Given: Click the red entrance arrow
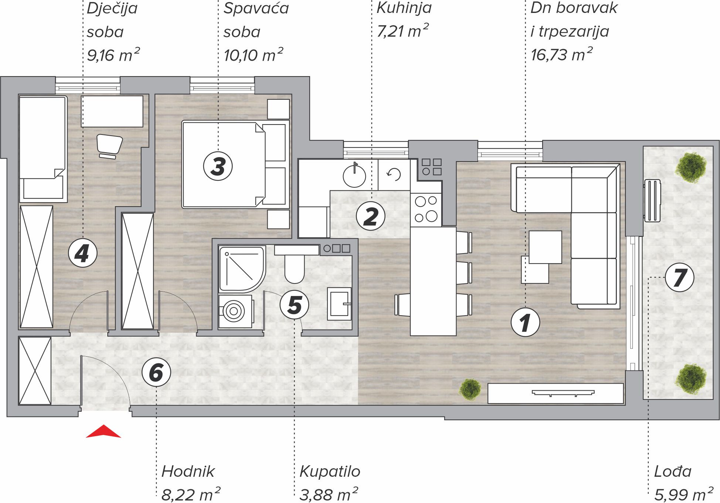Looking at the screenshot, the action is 103,432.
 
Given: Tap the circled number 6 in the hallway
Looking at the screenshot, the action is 156,372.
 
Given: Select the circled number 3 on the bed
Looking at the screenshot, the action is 218,166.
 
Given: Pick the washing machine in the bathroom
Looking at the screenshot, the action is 235,311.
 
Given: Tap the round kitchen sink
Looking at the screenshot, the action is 354,176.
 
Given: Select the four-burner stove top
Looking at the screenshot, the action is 426,210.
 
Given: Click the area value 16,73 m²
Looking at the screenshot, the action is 561,54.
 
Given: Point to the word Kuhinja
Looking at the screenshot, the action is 404,8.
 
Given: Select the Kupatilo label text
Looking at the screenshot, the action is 330,471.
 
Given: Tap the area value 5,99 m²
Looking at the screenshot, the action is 683,494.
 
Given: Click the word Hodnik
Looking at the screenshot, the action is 188,471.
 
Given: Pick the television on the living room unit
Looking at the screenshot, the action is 563,393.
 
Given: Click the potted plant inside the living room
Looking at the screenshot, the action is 470,389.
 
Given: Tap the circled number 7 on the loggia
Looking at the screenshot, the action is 679,277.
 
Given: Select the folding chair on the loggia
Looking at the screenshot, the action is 652,200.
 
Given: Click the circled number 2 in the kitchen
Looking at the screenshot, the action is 371,216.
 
